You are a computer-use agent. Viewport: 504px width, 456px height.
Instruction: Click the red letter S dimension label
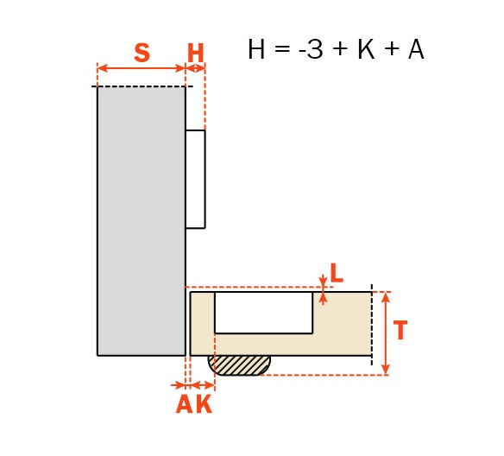[x=142, y=53]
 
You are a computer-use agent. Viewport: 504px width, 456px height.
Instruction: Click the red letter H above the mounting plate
[x=195, y=53]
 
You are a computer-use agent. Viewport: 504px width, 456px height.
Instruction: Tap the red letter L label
[x=337, y=273]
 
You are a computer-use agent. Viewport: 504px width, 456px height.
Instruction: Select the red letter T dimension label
[x=400, y=330]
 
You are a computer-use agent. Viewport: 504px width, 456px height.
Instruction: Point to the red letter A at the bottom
[x=185, y=403]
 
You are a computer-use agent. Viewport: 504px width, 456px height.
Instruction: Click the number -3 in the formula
[x=311, y=49]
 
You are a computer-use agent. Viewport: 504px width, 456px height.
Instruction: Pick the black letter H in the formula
[x=256, y=49]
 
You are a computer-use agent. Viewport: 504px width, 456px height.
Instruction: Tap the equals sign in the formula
[x=282, y=49]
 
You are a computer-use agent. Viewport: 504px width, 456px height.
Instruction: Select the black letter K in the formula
[x=366, y=49]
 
